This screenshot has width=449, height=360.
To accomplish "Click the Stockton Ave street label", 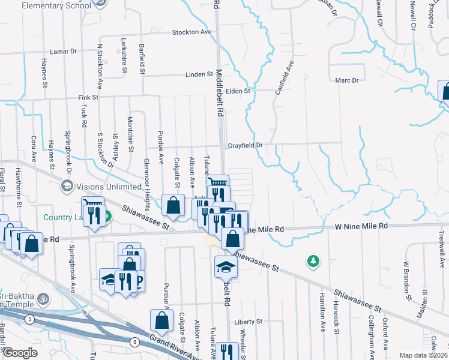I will click(192, 32).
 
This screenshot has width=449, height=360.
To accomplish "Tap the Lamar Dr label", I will click(64, 52).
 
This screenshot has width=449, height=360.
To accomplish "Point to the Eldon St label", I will click(237, 91).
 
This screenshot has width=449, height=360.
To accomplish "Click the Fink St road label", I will click(88, 97).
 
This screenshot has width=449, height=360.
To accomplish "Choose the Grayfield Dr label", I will click(245, 145).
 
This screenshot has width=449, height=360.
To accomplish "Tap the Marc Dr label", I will click(346, 80).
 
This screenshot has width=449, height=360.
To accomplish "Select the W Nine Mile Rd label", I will click(361, 226).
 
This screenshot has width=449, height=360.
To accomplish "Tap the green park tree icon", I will click(312, 261).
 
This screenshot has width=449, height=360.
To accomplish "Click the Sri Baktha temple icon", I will click(42, 297).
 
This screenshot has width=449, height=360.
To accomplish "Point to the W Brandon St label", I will click(407, 281).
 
